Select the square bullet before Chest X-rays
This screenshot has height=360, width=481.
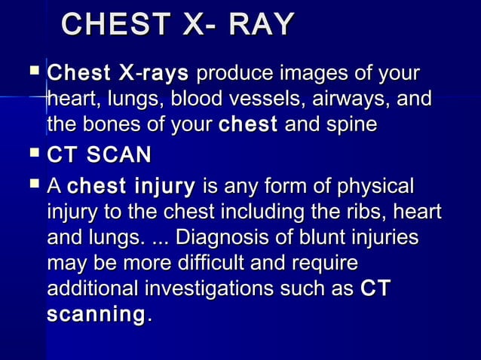click(32, 73)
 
